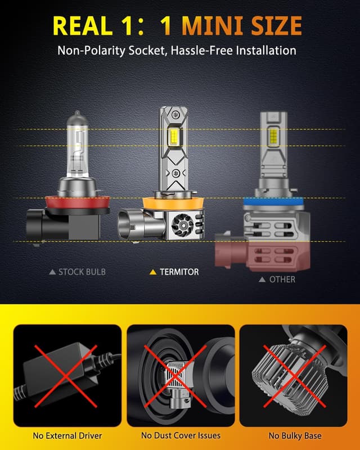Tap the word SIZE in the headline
(x=276, y=25)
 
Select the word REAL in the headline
(x=82, y=25)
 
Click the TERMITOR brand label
(x=179, y=272)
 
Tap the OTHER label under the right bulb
(x=282, y=279)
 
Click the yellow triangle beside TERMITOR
(x=153, y=272)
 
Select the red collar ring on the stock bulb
(x=78, y=202)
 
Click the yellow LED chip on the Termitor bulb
(x=174, y=134)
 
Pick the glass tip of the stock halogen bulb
(x=77, y=114)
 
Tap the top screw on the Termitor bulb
(x=174, y=115)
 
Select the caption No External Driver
(x=67, y=435)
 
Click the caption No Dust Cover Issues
(x=181, y=435)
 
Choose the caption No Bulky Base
(x=295, y=435)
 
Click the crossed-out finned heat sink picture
(x=294, y=375)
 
